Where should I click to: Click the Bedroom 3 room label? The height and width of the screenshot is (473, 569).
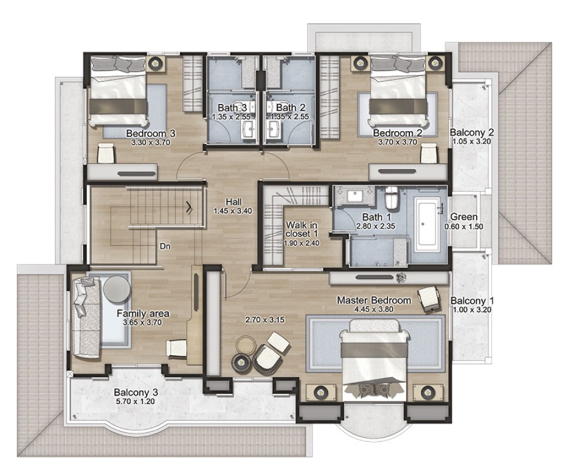click(150, 133)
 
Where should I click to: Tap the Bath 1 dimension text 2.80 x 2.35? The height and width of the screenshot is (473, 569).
click(375, 226)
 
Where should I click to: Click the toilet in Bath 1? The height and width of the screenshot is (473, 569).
click(391, 198)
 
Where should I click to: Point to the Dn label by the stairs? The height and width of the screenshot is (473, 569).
click(165, 247)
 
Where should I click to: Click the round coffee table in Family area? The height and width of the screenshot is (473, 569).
click(117, 289)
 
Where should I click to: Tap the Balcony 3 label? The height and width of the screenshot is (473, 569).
click(136, 393)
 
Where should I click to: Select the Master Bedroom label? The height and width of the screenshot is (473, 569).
click(374, 300)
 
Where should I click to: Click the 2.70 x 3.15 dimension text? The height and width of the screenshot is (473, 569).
click(264, 320)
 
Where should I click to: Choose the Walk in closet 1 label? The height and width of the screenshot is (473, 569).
click(301, 229)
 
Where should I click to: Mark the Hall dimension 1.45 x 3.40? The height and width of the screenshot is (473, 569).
click(232, 211)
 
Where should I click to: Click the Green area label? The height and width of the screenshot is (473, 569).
click(464, 217)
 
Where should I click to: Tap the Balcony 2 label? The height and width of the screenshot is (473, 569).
click(472, 132)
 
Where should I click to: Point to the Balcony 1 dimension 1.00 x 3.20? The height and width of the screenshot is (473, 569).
click(472, 310)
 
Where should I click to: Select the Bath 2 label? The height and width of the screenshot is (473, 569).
click(291, 107)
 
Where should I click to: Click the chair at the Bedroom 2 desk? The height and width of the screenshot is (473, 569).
click(429, 153)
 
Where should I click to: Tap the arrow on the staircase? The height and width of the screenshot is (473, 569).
click(190, 207)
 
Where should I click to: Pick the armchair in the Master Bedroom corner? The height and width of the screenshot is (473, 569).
click(430, 299)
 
